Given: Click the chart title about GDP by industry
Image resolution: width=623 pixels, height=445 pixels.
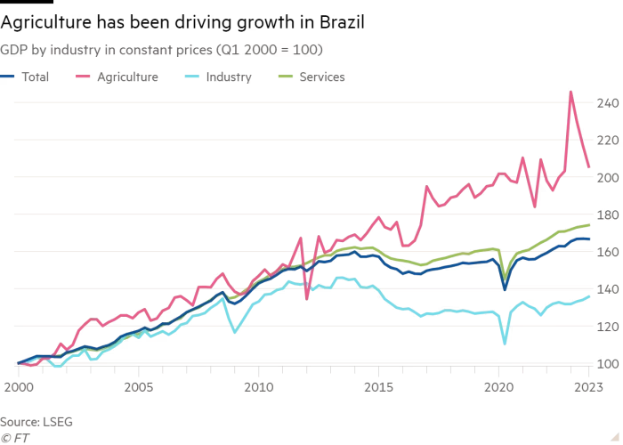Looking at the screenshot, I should click(x=161, y=50).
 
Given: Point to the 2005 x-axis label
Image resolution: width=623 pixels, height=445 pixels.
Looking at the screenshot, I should click(x=138, y=387).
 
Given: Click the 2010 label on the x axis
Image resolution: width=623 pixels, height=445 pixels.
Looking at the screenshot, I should click(x=258, y=387).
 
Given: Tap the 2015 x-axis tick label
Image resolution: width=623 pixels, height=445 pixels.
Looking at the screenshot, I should click(x=378, y=387).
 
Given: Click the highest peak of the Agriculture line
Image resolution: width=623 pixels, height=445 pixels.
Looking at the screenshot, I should click(x=570, y=91).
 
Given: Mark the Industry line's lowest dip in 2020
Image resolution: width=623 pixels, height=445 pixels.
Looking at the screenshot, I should click(x=505, y=343).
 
